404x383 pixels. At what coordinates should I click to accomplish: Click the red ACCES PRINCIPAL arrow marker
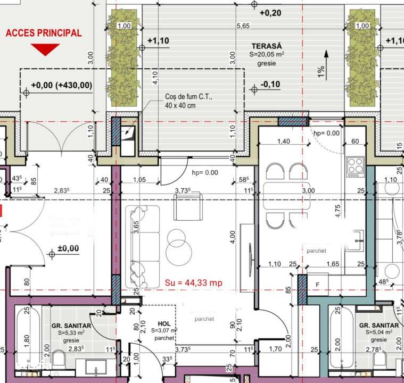[x=45, y=49]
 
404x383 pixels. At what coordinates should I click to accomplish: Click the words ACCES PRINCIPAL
[x=44, y=33]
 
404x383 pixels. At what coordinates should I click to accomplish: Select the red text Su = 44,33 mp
[x=194, y=283]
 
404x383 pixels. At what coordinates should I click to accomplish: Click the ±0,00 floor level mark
[x=68, y=248]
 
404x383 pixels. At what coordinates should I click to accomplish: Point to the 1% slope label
[x=321, y=72]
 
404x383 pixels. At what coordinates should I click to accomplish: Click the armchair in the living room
[x=188, y=207]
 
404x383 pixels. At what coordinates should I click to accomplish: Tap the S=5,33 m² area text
[x=72, y=332]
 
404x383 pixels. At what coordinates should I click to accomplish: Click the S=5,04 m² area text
[x=379, y=332]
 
